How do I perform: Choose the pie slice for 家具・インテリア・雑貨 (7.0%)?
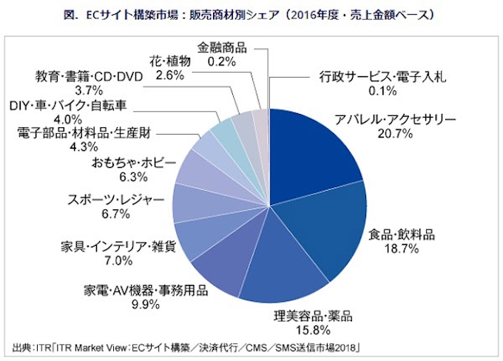[x=196, y=236]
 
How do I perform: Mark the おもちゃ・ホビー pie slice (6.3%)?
[x=197, y=172]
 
